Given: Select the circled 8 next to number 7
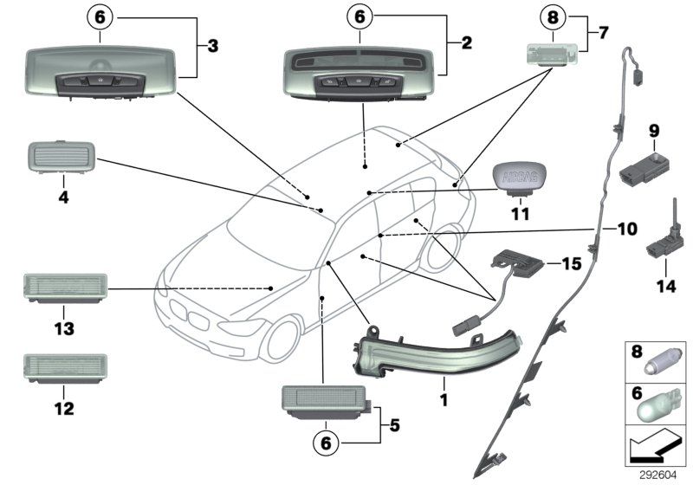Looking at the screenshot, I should point(551,16).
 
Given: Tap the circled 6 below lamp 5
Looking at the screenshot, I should point(326,443).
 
